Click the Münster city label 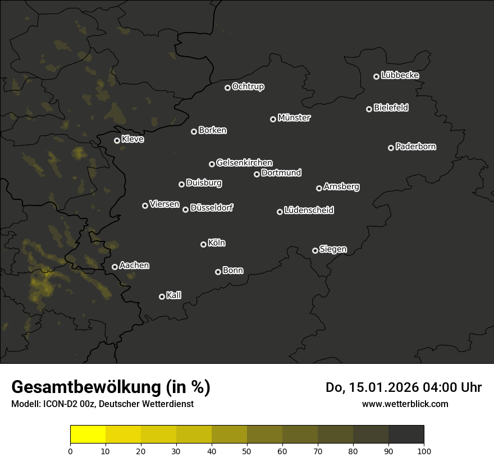(294, 118)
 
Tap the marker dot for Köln (203, 244)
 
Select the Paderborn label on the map (416, 147)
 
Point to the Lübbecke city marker (377, 76)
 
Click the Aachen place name (134, 266)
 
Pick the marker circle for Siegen (315, 250)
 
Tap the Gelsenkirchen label (244, 163)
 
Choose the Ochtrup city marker (227, 88)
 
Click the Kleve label (132, 139)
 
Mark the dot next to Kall (162, 296)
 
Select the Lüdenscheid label (309, 211)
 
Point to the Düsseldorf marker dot (185, 209)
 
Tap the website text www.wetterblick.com (405, 404)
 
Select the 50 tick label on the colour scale (247, 451)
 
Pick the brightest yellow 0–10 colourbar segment (88, 435)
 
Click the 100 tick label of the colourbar (424, 451)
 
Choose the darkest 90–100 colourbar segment (406, 435)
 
